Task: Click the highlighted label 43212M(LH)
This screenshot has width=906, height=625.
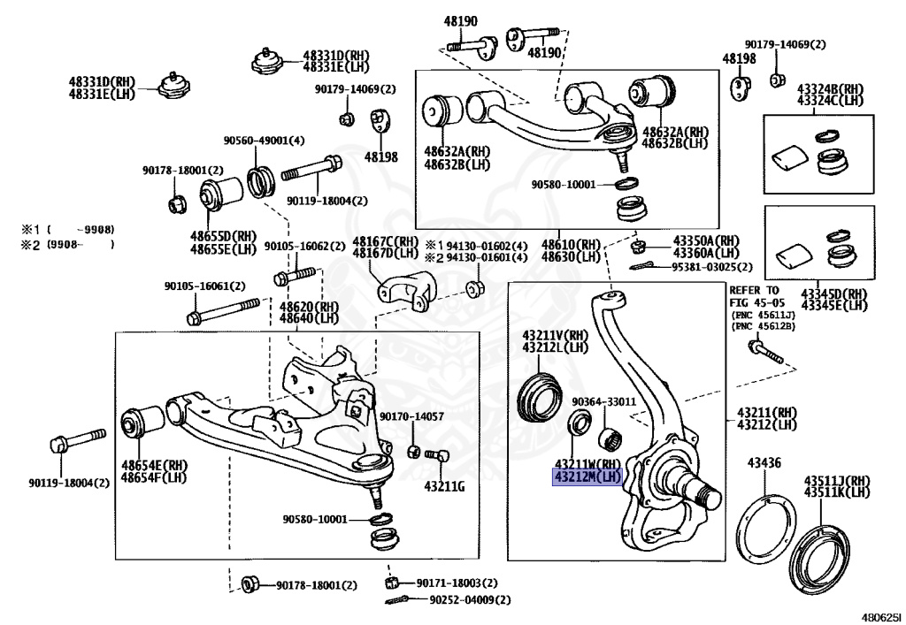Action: coord(587,477)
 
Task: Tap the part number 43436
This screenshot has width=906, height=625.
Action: coord(764,463)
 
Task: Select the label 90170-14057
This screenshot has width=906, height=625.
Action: coord(412,416)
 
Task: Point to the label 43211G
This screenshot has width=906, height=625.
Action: coord(444,486)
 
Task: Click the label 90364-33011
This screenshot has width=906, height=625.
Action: coord(603,401)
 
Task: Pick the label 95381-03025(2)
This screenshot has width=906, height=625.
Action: coord(712,267)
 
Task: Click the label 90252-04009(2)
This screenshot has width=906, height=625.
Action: coord(471,600)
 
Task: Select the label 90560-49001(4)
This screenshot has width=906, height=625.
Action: coord(264,141)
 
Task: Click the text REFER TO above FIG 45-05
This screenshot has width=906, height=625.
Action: coord(754,290)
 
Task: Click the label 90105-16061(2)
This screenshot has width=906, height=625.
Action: coord(204,286)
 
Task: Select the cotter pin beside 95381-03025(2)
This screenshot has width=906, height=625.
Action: coord(641,265)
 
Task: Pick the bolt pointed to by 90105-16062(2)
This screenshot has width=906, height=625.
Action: coord(295,275)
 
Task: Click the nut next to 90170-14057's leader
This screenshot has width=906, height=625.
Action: coord(412,451)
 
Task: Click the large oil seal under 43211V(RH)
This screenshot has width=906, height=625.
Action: coord(539,397)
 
